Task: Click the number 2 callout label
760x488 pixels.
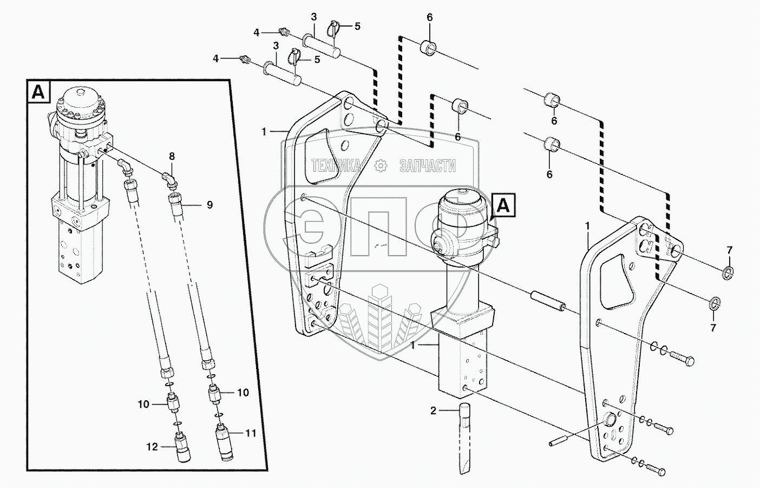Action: (x=433, y=411)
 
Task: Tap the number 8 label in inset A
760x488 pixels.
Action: (x=172, y=157)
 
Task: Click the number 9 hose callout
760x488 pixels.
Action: (x=209, y=205)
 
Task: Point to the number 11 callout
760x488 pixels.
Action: (x=251, y=433)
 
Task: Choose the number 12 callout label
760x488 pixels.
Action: (x=152, y=447)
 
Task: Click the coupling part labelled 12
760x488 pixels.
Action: (x=182, y=447)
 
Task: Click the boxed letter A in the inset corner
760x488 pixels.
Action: (x=38, y=92)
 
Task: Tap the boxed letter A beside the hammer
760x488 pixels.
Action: (x=504, y=205)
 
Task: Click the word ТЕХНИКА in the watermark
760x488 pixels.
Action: (x=336, y=166)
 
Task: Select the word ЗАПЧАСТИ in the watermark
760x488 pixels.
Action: (x=428, y=166)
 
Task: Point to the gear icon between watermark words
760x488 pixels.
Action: (x=381, y=166)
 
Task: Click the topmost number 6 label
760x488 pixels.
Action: (x=430, y=17)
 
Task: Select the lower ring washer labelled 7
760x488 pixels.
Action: (x=715, y=302)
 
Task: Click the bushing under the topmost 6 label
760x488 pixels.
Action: (x=429, y=48)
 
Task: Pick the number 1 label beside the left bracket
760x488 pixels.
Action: (x=264, y=131)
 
